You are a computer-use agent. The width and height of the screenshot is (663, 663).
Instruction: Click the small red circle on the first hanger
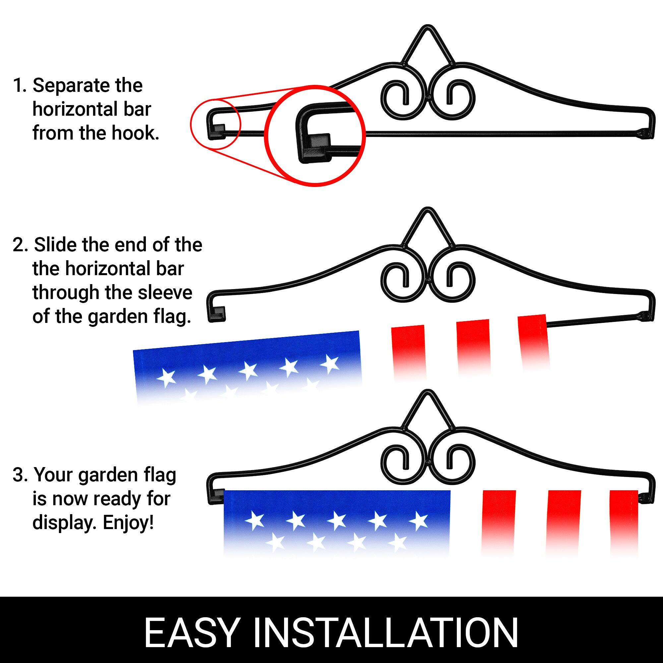(x=215, y=124)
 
